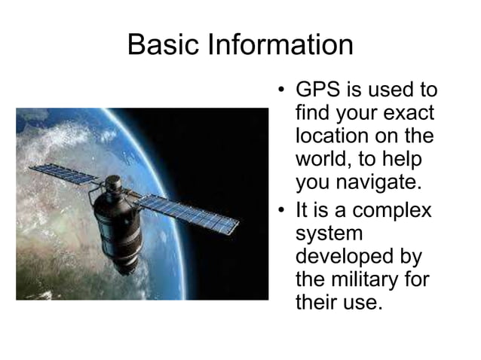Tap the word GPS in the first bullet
tap(317, 91)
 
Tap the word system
tap(329, 232)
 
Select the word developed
tap(347, 255)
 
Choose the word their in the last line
tap(317, 302)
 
